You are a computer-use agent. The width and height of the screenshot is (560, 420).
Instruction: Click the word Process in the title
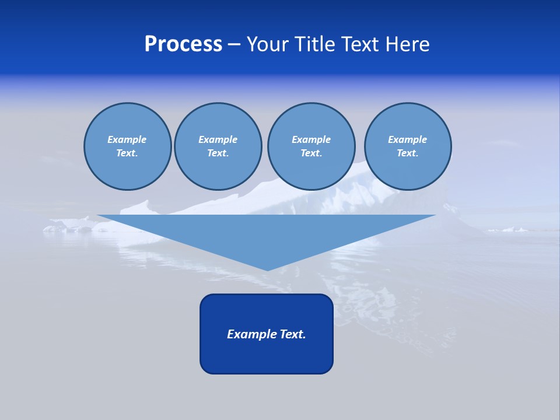click(x=183, y=44)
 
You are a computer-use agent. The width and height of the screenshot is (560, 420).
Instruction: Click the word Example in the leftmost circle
click(x=127, y=139)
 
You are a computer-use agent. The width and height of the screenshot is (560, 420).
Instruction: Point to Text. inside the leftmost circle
click(x=127, y=153)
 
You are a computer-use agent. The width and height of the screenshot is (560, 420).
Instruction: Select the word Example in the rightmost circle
click(x=407, y=139)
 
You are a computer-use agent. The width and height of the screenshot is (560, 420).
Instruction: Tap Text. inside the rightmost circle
click(x=407, y=153)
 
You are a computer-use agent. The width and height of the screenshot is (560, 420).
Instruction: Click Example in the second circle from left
click(x=218, y=139)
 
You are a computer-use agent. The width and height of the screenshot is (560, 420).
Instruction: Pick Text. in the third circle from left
click(x=311, y=153)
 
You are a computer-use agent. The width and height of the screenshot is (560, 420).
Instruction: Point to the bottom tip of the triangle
click(x=267, y=269)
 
